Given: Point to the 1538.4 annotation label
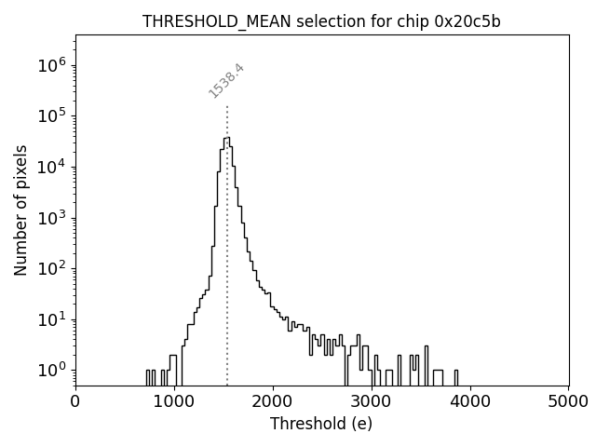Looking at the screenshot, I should [226, 81].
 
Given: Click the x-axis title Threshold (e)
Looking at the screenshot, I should [321, 424].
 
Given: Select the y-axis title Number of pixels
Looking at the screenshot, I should [21, 209].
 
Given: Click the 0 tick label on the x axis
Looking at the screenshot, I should [75, 401].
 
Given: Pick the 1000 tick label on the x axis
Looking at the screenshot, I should [174, 401].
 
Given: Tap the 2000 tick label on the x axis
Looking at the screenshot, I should [273, 401].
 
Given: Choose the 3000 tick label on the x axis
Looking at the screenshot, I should [372, 401].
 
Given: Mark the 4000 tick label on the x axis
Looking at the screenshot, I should [470, 401].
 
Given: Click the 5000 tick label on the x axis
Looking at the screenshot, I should [568, 401].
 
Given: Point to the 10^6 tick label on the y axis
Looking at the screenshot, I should [52, 65].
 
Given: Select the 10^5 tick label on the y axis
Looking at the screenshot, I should [52, 116].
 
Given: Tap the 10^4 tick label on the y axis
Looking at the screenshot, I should [52, 167].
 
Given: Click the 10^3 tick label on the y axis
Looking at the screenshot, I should [52, 218].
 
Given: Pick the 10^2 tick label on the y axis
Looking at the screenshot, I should [52, 268].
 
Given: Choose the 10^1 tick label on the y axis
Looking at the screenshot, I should [52, 319].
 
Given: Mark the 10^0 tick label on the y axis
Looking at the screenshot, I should [52, 370].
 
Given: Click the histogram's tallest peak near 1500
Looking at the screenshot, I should [226, 138].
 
